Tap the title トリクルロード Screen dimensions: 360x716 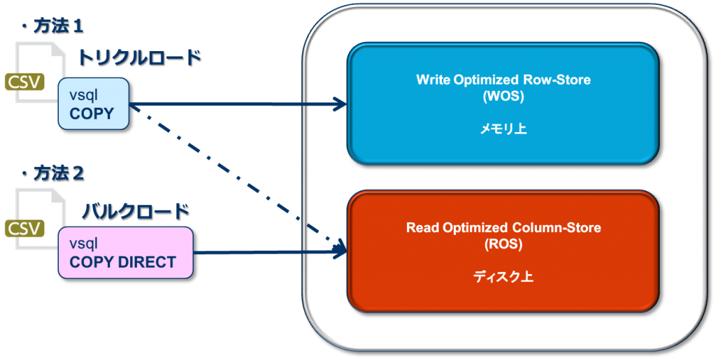pyautogui.click(x=138, y=57)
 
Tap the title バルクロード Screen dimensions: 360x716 pyautogui.click(x=133, y=210)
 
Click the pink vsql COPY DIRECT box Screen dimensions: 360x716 pyautogui.click(x=125, y=252)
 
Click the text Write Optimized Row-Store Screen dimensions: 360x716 pyautogui.click(x=503, y=80)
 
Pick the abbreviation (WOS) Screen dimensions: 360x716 pyautogui.click(x=503, y=96)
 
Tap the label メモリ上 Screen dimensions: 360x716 pyautogui.click(x=503, y=129)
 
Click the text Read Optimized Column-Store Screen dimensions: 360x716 pyautogui.click(x=503, y=228)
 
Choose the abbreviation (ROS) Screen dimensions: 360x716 pyautogui.click(x=503, y=245)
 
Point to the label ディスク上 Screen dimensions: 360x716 pyautogui.click(x=503, y=277)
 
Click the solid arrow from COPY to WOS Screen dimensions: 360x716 pyautogui.click(x=238, y=106)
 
